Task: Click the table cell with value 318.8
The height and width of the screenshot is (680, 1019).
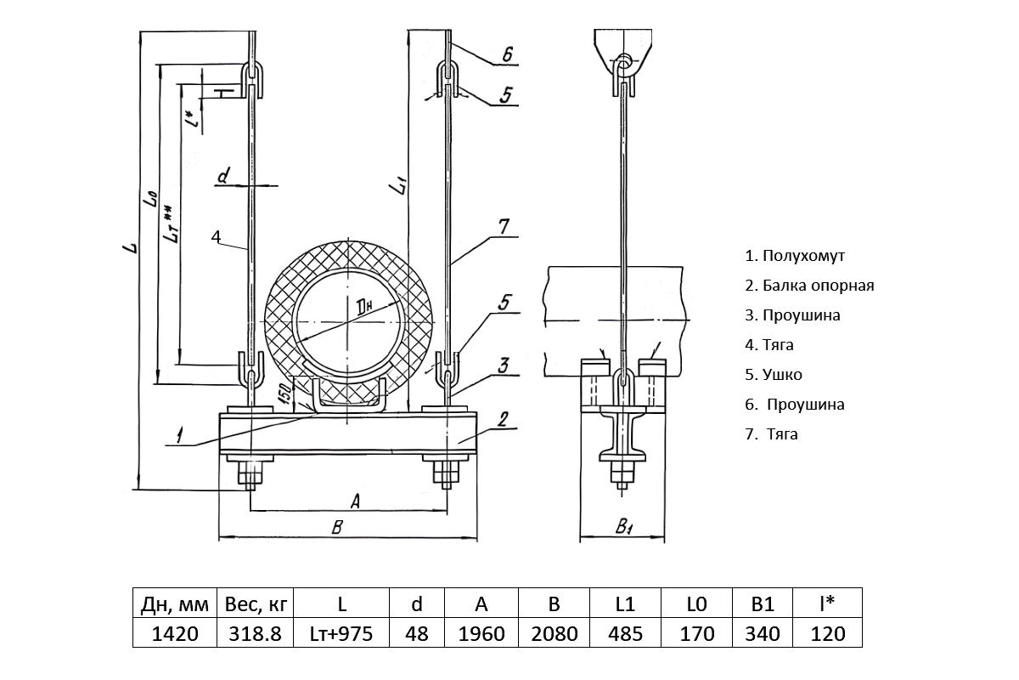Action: pos(254,633)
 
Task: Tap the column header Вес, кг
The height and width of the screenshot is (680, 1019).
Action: pos(254,604)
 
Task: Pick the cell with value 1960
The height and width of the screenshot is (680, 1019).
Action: pos(481,633)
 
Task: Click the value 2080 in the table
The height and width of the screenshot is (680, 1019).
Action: pos(554,633)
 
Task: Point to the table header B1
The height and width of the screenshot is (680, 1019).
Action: pos(763,604)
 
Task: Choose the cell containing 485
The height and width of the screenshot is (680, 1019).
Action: pos(625,633)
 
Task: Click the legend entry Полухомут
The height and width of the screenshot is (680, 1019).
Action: pos(795,255)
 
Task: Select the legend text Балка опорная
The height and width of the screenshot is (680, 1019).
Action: pos(809,286)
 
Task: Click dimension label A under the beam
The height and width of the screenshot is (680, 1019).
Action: pos(355,501)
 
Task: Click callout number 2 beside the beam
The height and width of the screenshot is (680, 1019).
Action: pos(503,418)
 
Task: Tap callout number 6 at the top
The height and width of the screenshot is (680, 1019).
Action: pos(506,54)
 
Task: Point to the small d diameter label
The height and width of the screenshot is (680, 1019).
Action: pos(223,177)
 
